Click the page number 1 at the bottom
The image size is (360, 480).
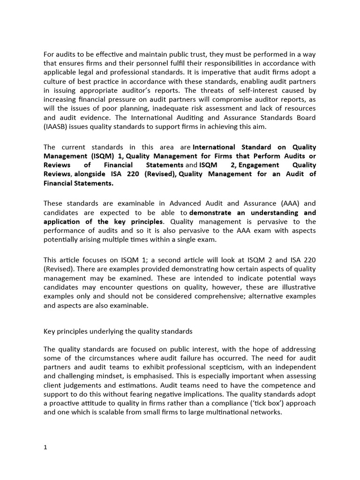coord(45,447)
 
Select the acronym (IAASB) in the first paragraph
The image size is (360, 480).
coord(57,126)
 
